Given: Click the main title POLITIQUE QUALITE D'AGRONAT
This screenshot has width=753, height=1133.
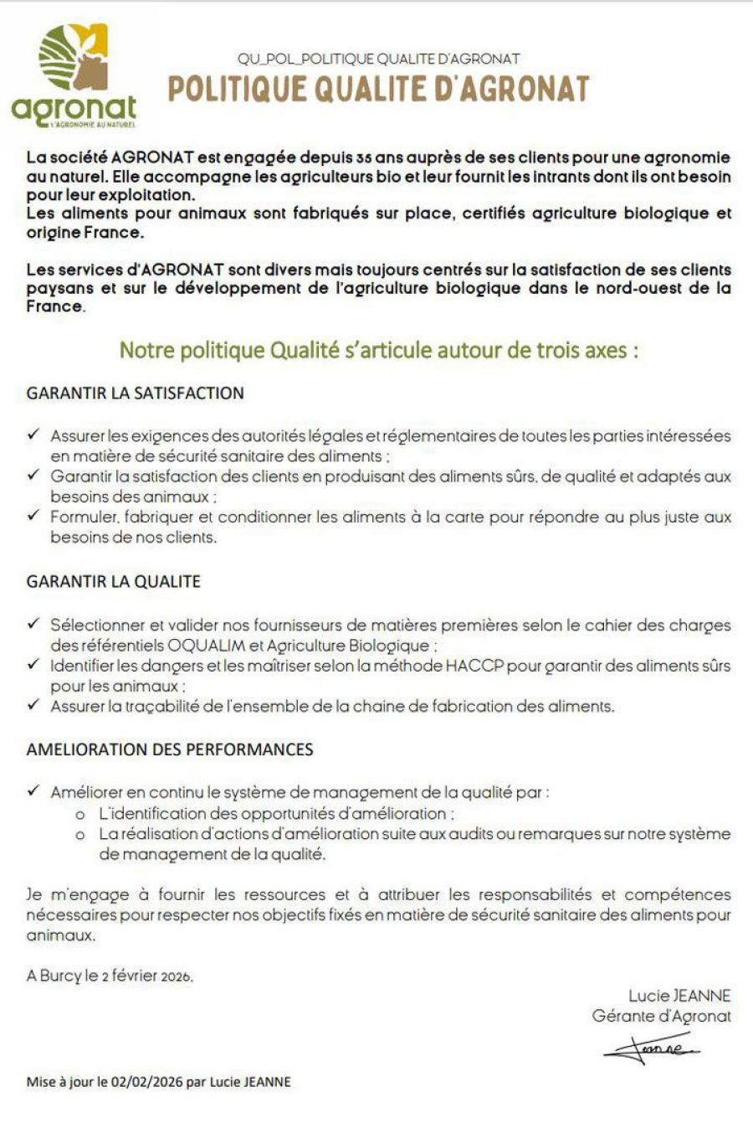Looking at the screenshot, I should [378, 89].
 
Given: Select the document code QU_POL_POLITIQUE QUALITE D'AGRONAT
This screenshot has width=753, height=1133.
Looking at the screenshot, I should [378, 59].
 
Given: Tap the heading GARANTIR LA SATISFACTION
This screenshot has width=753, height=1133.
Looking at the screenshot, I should [136, 394].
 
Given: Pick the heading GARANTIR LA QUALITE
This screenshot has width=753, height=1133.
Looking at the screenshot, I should [114, 581].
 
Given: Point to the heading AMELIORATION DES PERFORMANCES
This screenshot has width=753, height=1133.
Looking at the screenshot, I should [170, 749].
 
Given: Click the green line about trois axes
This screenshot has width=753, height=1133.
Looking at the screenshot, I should [379, 350].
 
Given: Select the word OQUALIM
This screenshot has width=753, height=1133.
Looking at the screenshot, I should [205, 646].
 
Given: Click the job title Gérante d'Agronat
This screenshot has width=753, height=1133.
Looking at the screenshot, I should [661, 1016].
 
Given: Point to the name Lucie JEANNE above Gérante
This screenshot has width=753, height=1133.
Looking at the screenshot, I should [679, 996].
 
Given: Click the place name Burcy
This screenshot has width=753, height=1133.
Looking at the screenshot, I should [60, 976].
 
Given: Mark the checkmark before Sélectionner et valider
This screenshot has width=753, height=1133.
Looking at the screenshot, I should [33, 625].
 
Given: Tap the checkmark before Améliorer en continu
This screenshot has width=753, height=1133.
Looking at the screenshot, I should [33, 791].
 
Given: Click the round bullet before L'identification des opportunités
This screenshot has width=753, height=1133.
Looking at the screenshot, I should [80, 814].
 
